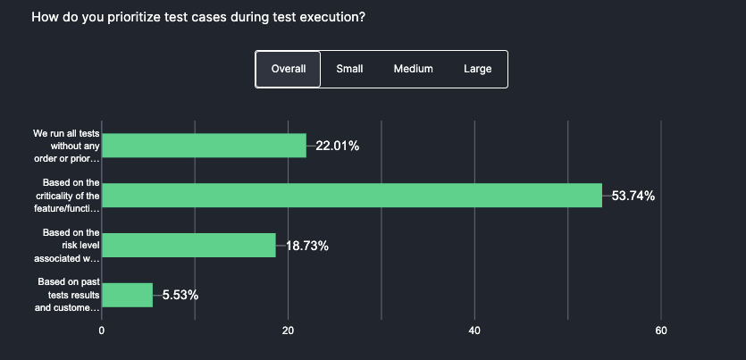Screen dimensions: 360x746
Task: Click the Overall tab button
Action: coord(288,69)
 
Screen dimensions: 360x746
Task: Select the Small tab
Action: coord(349,69)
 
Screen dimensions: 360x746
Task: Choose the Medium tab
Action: coord(413,69)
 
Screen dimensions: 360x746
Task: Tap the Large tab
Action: coord(477,69)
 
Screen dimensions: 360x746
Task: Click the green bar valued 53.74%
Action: coord(352,196)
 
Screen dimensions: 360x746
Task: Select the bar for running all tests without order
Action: coord(205,146)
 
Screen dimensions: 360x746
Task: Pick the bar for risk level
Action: coord(189,246)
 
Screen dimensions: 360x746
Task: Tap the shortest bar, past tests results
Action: coord(128,295)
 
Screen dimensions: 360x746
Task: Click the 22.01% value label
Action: coord(337,146)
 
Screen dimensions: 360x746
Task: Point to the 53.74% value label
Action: coord(633,196)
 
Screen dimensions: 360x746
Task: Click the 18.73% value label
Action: coord(306,246)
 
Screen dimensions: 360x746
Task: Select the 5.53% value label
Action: coord(180,295)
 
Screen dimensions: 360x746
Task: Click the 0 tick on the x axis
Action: coord(102,331)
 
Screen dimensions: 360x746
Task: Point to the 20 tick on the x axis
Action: coord(289,331)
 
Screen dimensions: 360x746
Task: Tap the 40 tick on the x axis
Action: coord(474,331)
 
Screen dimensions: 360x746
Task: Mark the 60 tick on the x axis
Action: coord(661,331)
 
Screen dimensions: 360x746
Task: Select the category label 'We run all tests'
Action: coord(67,146)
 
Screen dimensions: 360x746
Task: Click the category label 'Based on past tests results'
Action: coord(67,295)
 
